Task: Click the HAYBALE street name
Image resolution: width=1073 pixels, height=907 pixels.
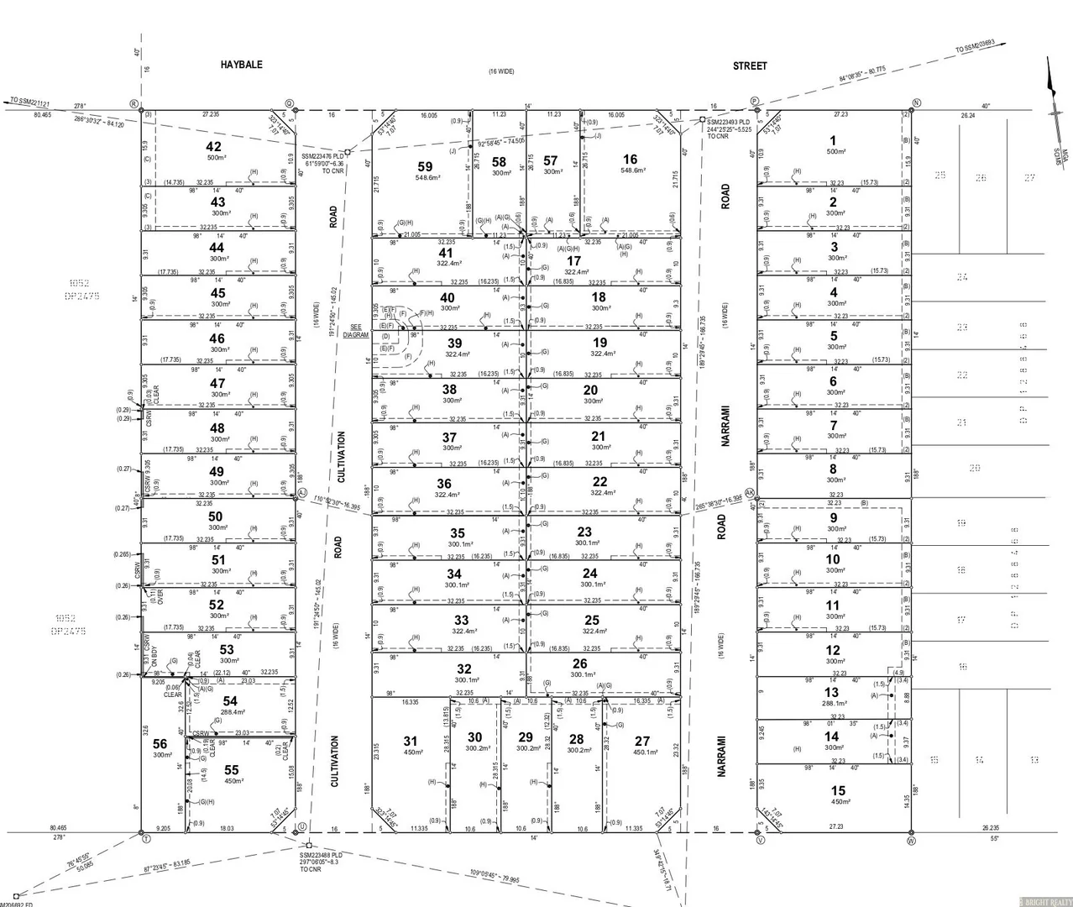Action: coord(241,65)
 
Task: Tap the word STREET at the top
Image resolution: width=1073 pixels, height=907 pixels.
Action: coord(749,66)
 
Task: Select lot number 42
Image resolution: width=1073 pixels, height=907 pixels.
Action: coord(214,147)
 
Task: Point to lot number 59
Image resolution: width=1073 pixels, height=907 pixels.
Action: coord(425,167)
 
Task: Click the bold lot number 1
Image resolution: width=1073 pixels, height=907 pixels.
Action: coord(832,141)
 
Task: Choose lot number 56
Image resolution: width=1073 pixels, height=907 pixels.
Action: coord(160,743)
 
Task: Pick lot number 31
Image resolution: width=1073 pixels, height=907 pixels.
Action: coord(410,741)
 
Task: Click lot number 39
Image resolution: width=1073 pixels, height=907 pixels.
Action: coord(454,343)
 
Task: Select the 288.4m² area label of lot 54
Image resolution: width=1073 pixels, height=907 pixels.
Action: coord(220,711)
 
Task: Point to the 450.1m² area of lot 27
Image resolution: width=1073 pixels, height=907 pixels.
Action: coord(642,752)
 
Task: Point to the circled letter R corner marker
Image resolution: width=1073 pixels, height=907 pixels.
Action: coord(133,103)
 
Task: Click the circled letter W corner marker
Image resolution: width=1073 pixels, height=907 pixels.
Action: coord(911,839)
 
